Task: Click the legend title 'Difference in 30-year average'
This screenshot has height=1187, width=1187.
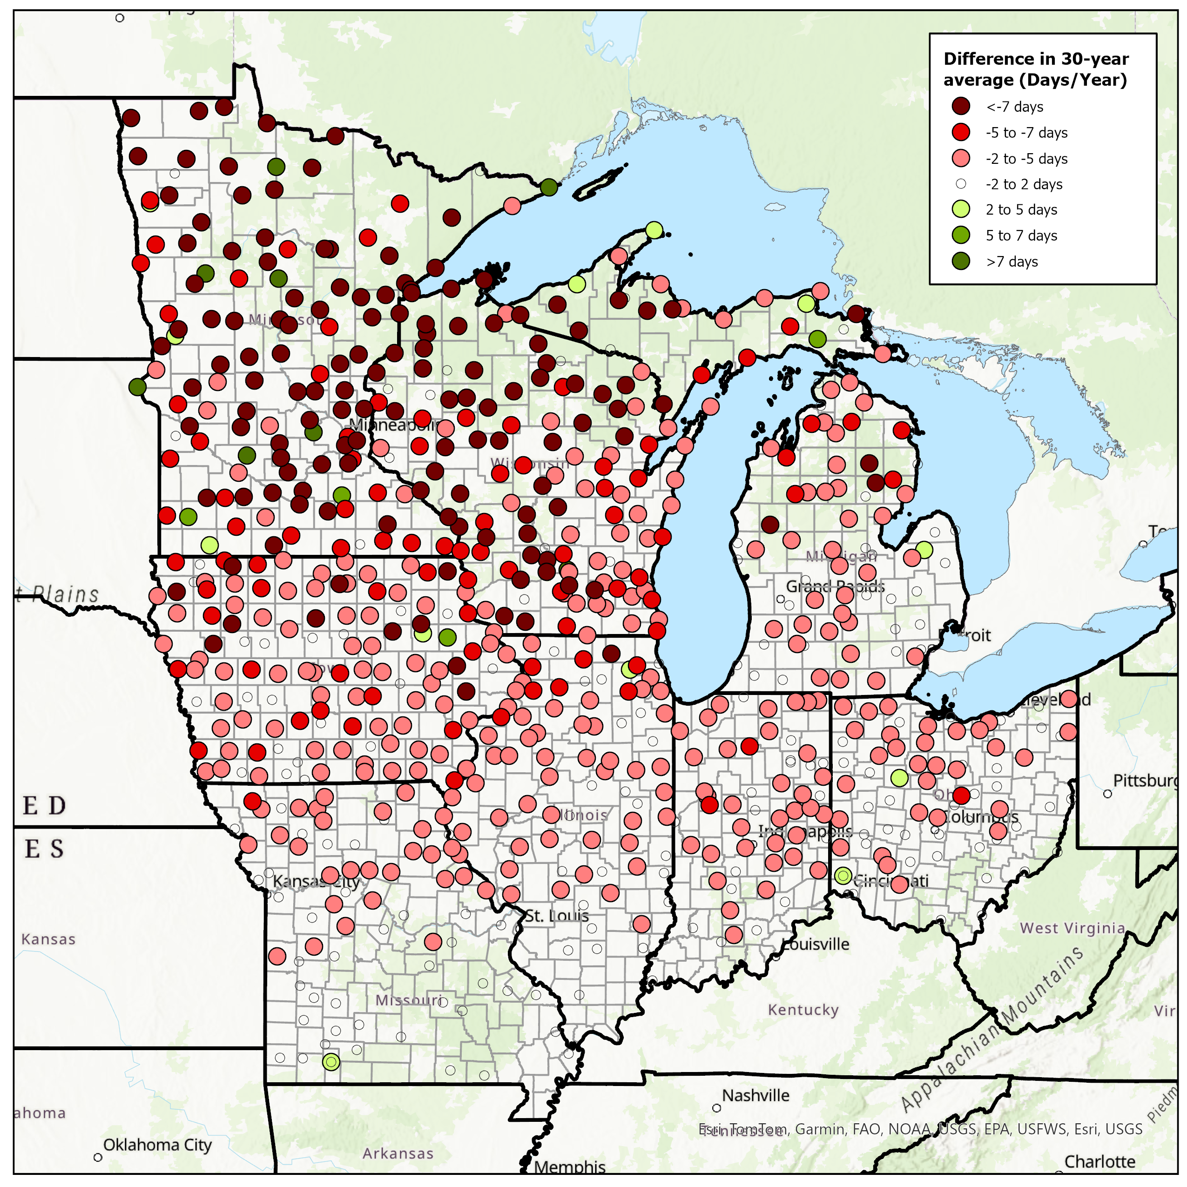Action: (x=1036, y=69)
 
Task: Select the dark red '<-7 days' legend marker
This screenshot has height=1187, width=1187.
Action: (x=961, y=106)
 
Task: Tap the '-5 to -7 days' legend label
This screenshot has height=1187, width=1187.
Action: (x=1027, y=133)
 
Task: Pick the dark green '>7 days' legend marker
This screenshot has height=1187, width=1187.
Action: (x=961, y=261)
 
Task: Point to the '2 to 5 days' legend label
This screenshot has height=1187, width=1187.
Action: (x=1021, y=209)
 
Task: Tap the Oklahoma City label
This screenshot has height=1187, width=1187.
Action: (x=157, y=1145)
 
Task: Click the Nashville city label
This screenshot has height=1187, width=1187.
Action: (x=755, y=1095)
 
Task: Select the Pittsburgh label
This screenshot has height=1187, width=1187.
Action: (x=1146, y=780)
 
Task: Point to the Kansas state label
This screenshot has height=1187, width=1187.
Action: (x=48, y=939)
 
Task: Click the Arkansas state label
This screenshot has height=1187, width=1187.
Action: (x=398, y=1153)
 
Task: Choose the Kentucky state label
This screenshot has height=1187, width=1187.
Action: (x=803, y=1010)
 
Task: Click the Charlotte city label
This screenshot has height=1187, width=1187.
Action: (x=1100, y=1161)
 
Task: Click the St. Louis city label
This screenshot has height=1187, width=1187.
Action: (x=557, y=916)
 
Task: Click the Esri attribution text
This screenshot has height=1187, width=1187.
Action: (x=920, y=1129)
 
